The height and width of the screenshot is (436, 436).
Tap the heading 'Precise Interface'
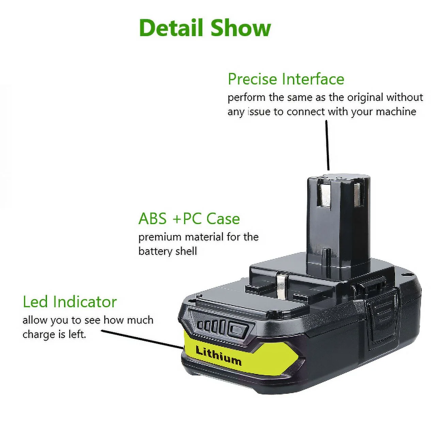pyautogui.click(x=286, y=79)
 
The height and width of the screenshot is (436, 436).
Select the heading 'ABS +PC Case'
pyautogui.click(x=189, y=219)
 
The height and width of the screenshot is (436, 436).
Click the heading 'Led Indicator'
pyautogui.click(x=70, y=302)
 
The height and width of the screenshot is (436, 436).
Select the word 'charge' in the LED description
pyautogui.click(x=34, y=334)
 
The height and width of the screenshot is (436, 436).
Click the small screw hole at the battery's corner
pyautogui.click(x=406, y=274)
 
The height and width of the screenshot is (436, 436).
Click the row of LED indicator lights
pyautogui.click(x=212, y=326)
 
